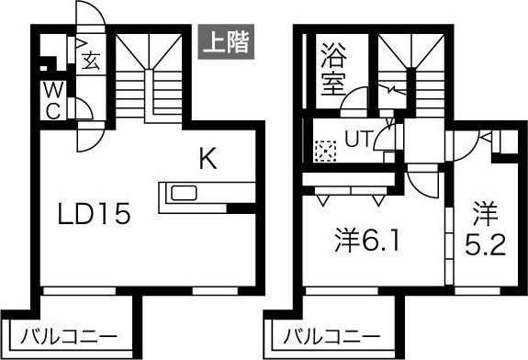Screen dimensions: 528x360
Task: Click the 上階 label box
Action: (x=224, y=40)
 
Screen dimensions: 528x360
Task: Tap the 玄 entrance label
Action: (x=92, y=62)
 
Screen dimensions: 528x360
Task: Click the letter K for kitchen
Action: (x=208, y=160)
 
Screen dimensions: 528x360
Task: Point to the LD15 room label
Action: (x=95, y=216)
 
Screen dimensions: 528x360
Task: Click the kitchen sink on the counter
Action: (x=180, y=194)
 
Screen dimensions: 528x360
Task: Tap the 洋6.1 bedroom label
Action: (x=367, y=242)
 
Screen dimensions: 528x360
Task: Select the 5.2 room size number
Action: (x=485, y=246)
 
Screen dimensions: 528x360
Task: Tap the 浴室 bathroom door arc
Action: (x=354, y=100)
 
